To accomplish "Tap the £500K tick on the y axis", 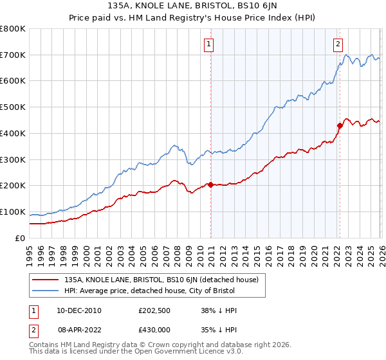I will [x=13, y=107].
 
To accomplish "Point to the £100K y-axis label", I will [x=13, y=212].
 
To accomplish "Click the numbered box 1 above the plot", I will [x=210, y=44].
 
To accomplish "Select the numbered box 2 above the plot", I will [x=338, y=44].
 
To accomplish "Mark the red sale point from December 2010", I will [x=210, y=185].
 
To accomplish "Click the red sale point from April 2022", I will [x=340, y=125].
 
